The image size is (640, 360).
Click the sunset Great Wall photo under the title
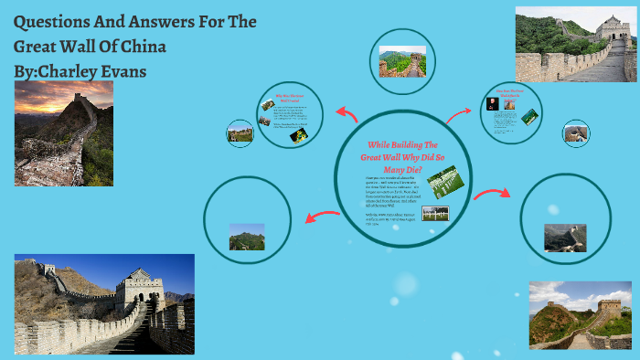pos(64,132)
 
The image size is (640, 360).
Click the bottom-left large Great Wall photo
pos(104,304)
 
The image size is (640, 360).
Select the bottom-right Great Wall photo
pos(580,315)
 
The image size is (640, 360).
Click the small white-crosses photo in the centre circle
pos(435,213)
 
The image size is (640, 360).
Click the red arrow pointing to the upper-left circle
pos(347,113)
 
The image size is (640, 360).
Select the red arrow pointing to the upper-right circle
pos(458,114)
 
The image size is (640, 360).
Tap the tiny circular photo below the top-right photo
pos(576,132)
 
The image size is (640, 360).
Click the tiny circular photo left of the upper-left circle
pos(240,133)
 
